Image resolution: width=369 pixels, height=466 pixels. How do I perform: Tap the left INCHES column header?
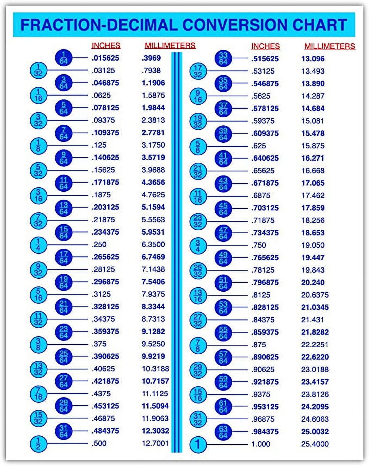[106, 45]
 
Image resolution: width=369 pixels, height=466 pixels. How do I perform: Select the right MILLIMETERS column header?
[329, 46]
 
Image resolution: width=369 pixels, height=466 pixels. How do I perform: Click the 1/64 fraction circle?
[64, 58]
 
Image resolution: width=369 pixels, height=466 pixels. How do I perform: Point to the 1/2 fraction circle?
[38, 443]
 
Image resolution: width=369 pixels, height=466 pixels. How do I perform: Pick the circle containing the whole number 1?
[198, 444]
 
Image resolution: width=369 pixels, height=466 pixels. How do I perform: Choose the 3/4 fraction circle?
[198, 245]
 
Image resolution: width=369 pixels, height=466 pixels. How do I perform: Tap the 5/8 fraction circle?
[198, 146]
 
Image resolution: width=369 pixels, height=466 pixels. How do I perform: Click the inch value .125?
[99, 145]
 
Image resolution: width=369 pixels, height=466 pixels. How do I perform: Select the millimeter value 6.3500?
[153, 244]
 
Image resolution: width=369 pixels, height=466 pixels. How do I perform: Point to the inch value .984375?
[265, 432]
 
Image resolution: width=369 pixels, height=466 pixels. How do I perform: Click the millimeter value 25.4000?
[315, 444]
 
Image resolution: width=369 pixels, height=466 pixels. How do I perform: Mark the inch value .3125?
[101, 294]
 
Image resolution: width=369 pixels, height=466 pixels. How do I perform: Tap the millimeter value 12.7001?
[155, 443]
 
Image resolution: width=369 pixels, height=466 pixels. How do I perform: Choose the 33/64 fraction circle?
[223, 58]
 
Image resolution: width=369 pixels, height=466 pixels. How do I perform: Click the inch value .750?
[259, 245]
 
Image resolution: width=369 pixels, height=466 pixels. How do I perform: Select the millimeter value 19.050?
[313, 245]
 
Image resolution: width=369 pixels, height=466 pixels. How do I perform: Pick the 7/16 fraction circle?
[38, 394]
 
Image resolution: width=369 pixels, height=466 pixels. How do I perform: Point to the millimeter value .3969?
[151, 58]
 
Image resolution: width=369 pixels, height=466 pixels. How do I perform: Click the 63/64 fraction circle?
[223, 432]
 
